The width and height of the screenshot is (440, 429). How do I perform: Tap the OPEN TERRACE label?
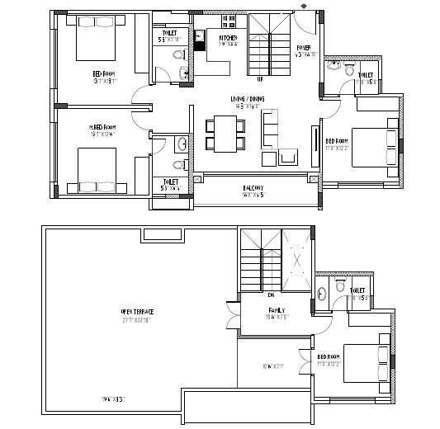coord(138,311)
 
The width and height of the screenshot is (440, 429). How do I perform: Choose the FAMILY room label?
coord(275,310)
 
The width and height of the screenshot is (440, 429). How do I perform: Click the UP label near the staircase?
coord(259,79)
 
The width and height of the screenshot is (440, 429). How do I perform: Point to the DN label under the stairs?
coord(270,294)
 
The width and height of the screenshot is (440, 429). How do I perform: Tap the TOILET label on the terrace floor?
coord(357,290)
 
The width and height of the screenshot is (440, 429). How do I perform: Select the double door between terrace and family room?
coord(233,317)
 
